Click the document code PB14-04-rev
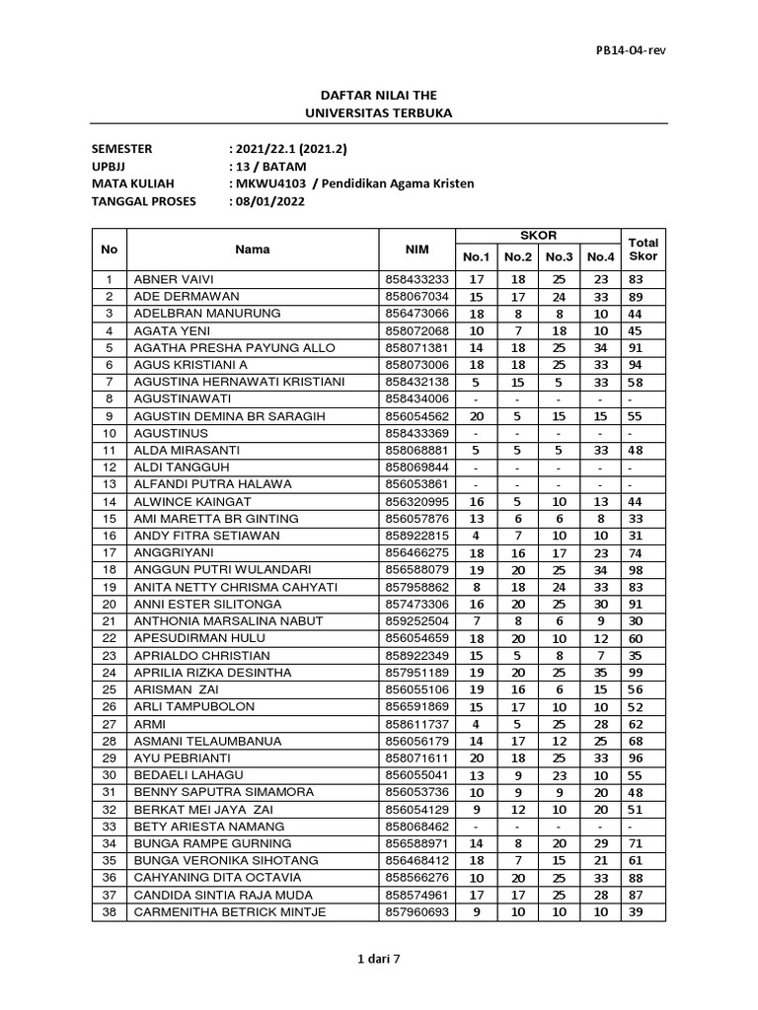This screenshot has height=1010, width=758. pos(630,51)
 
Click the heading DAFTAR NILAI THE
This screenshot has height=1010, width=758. pos(379,95)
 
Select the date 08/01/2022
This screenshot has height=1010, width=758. pos(270,201)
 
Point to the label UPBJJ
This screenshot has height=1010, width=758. pos(111,166)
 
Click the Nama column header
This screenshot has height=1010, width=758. pos(253,250)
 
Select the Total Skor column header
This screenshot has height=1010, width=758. pos(643,250)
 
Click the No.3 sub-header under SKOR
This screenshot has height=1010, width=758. pos(559,257)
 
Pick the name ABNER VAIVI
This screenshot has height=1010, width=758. pos(173,279)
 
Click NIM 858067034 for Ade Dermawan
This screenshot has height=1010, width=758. pos(417,296)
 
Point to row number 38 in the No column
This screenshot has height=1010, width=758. pos(110,912)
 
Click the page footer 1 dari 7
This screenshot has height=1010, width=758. pos(379,983)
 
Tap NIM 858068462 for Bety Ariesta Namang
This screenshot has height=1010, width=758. pos(417,826)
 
